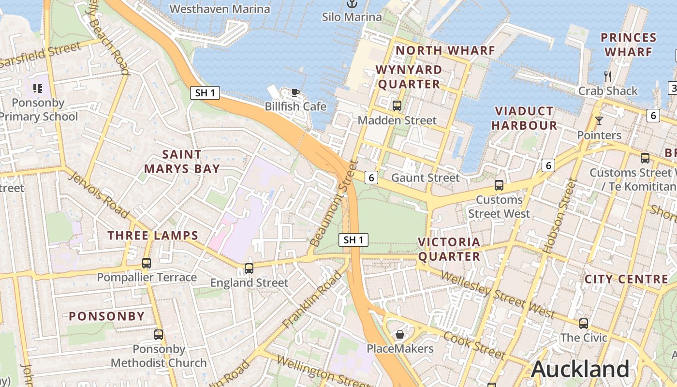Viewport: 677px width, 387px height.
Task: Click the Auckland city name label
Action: (580, 369)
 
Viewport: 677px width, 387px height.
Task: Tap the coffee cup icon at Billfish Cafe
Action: (295, 92)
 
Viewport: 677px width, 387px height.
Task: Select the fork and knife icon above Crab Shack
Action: (608, 76)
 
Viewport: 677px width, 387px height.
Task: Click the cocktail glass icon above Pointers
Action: (599, 121)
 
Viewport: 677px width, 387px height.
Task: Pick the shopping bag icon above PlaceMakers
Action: (400, 334)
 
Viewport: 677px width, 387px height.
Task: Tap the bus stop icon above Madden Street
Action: (397, 105)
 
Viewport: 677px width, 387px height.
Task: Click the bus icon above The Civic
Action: (584, 324)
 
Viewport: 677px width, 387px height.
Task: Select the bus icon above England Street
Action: (249, 268)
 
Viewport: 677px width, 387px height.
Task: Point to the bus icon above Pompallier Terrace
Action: (147, 263)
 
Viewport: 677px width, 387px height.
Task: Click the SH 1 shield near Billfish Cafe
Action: (205, 93)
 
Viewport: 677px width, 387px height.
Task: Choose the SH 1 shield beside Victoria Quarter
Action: (353, 239)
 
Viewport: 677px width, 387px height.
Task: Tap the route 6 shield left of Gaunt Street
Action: (371, 178)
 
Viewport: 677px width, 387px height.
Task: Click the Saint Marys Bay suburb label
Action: (182, 162)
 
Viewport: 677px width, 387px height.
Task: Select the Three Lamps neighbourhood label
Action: (153, 236)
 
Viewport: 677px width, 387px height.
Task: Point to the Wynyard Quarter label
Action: (409, 77)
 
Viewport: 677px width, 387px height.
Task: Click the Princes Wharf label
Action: (628, 45)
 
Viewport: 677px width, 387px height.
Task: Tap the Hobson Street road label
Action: (560, 216)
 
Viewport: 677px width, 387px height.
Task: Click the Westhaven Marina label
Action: (220, 9)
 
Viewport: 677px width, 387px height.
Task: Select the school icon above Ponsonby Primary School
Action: (38, 88)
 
